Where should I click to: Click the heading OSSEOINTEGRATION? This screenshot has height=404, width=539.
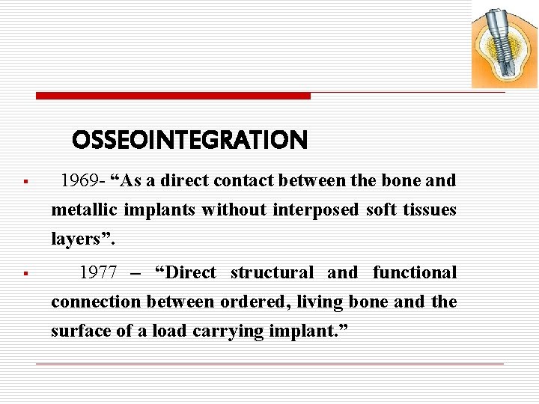point(189,140)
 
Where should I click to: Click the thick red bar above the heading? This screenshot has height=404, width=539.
point(173,96)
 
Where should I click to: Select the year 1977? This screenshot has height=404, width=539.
point(98,273)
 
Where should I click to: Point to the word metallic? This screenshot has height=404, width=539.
point(79,210)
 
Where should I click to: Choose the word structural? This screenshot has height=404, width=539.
point(272,273)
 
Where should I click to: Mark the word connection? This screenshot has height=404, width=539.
point(95,302)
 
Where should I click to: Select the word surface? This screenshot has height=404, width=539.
point(78,331)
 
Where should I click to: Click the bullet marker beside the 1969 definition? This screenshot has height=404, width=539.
point(25,182)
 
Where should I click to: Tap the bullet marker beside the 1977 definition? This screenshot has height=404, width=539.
point(25,274)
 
